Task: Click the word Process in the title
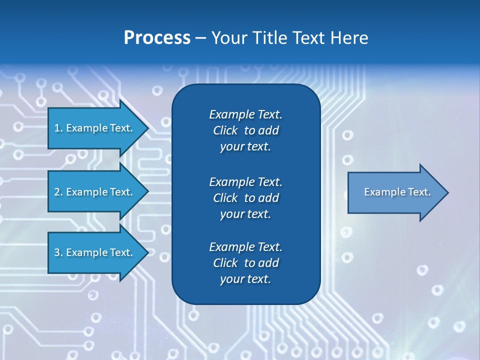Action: (157, 38)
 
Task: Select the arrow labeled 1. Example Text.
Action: (95, 128)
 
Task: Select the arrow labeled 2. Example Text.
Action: (95, 192)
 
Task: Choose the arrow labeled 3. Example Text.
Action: (95, 252)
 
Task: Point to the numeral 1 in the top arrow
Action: (57, 128)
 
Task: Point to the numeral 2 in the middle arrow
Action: (57, 192)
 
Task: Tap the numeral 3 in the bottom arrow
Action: (57, 252)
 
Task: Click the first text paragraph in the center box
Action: (245, 130)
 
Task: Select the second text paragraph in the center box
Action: (245, 198)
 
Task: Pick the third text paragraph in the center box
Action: (245, 263)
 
